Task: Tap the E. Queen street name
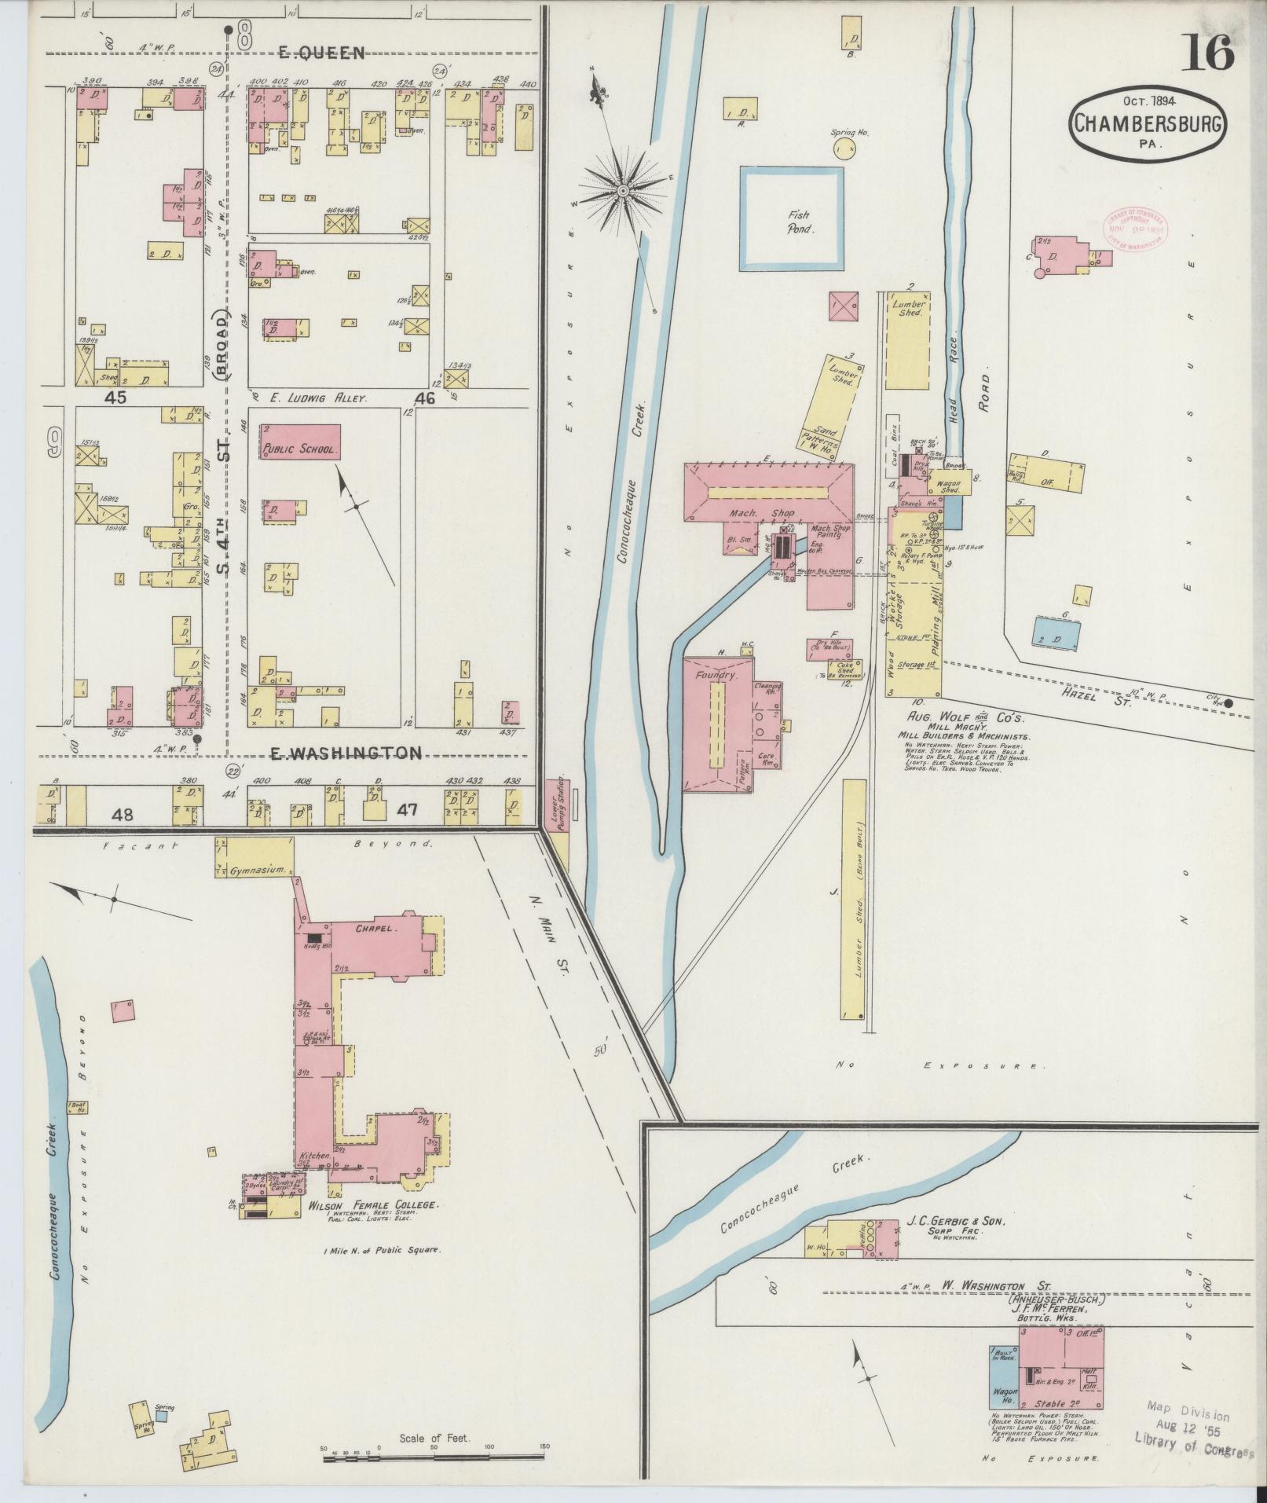point(322,53)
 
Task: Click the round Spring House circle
point(843,148)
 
